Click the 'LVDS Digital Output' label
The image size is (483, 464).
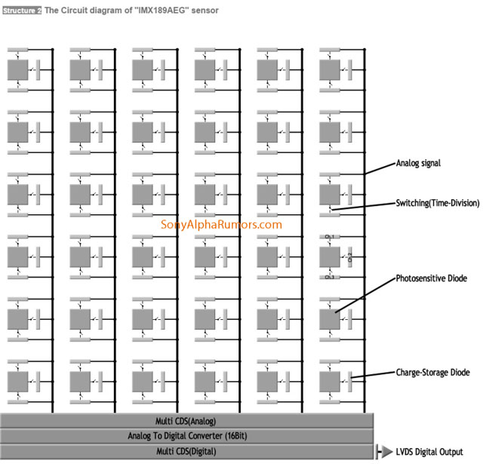click(x=429, y=452)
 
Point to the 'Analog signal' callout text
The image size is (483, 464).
click(x=418, y=163)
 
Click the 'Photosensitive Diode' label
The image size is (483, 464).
click(x=431, y=278)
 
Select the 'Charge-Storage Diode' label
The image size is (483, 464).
click(x=432, y=373)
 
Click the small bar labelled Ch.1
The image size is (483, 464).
click(x=329, y=239)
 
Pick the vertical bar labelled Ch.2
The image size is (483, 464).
click(x=350, y=257)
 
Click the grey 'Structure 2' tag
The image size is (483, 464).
click(x=21, y=10)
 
